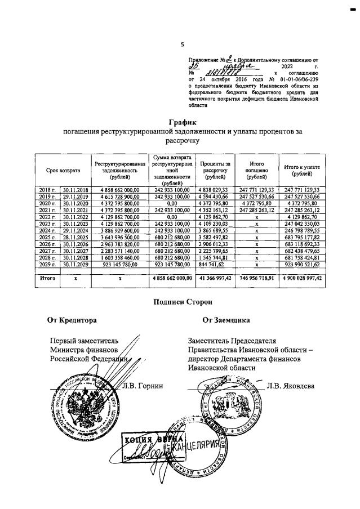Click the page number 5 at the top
[182, 44]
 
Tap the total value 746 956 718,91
[256, 278]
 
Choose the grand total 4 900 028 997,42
[303, 278]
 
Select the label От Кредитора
[72, 320]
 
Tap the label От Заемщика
[226, 320]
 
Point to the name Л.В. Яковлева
[291, 386]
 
